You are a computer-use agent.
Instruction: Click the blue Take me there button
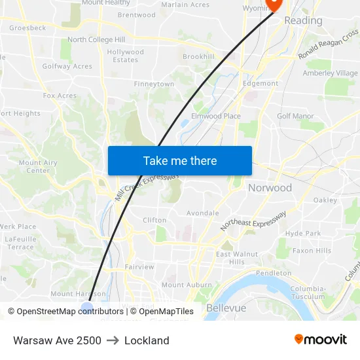[x=179, y=161]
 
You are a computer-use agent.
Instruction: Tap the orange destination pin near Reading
[x=272, y=4]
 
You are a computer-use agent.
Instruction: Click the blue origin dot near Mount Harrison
[x=87, y=308]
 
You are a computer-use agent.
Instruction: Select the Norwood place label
[x=270, y=188]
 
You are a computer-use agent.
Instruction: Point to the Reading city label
[x=303, y=21]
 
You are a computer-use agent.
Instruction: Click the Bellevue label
[x=226, y=308]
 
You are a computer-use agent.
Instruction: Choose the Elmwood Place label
[x=215, y=116]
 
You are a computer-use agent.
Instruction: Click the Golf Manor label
[x=295, y=116]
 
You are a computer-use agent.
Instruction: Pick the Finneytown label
[x=154, y=84]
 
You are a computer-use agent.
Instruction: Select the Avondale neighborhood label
[x=202, y=213]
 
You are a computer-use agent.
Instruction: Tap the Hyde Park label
[x=303, y=233]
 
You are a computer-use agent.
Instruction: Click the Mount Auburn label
[x=182, y=285]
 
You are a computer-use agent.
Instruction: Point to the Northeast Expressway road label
[x=253, y=222]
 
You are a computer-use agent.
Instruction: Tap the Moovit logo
[x=321, y=340]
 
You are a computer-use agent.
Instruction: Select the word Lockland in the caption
[x=147, y=340]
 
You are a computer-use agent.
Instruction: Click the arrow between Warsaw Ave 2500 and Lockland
[x=113, y=340]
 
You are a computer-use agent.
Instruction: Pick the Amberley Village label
[x=330, y=73]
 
